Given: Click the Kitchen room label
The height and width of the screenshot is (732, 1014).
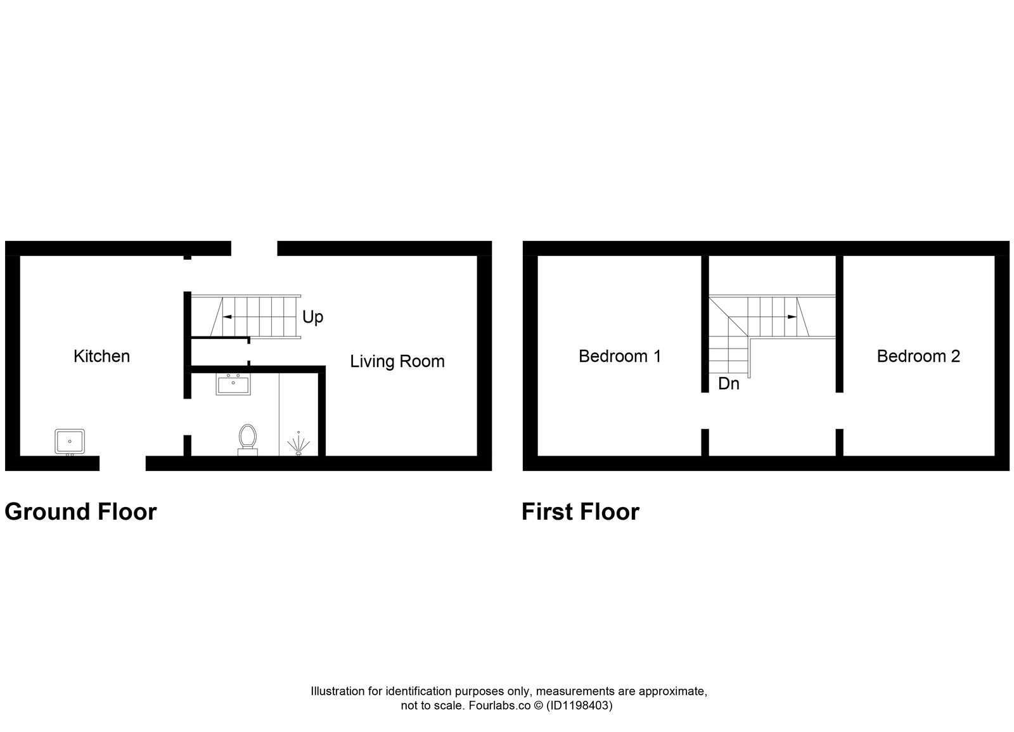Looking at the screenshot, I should point(101,356).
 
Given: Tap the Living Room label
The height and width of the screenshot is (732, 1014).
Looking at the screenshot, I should point(397,361).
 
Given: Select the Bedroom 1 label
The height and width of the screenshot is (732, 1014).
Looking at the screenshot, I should point(619,356).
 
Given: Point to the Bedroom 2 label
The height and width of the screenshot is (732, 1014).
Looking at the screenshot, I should point(918,356).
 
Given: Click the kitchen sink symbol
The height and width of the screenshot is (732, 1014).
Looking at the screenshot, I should point(70,441).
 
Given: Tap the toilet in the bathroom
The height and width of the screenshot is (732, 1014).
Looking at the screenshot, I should point(248,439).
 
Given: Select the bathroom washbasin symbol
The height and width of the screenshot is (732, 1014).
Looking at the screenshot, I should point(233,384).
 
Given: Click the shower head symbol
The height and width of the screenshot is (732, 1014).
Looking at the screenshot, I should point(298,443).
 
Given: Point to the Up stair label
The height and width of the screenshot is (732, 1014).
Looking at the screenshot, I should point(312,317).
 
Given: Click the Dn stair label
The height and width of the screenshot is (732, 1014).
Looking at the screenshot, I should point(728,384).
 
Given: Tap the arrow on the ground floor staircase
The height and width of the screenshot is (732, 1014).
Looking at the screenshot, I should point(228,316).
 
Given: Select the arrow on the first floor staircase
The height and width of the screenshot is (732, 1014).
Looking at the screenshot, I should point(790,316).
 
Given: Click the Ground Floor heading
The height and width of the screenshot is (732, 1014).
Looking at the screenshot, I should point(80,511).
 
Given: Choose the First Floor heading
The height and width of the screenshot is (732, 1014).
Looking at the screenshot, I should point(580,511).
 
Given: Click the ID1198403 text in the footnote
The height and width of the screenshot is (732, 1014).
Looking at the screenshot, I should point(579,705).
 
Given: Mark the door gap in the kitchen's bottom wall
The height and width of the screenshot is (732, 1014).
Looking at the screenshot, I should point(122,463).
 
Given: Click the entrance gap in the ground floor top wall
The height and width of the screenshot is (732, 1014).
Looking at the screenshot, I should point(253,248).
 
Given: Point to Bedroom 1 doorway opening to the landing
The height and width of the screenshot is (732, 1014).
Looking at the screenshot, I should point(705,411).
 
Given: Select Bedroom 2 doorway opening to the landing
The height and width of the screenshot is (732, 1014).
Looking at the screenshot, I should point(840,411).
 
